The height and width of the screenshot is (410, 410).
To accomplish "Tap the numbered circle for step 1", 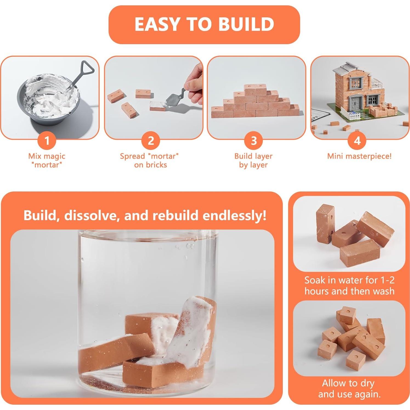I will [x=47, y=140].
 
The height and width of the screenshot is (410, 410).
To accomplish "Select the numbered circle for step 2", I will [x=151, y=140].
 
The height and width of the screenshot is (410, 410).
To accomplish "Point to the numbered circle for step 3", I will [x=254, y=140].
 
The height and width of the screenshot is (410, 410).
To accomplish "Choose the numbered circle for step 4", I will [x=357, y=140].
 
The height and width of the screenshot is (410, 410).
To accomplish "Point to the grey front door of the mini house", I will [x=356, y=103].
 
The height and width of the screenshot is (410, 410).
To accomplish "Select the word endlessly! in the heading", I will [x=234, y=215].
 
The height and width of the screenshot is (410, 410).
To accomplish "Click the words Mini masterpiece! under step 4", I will [x=359, y=156].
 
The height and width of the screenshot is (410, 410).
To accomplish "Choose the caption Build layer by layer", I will [x=253, y=160].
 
